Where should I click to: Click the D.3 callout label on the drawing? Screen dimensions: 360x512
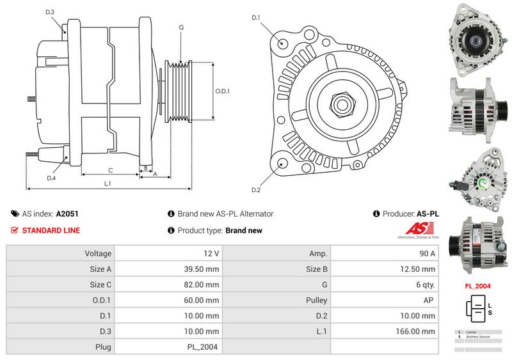point(50,12)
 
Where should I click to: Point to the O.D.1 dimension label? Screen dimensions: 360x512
point(222,91)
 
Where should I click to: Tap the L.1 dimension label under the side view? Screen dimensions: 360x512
point(108,184)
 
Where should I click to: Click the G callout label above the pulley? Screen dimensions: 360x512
point(181,27)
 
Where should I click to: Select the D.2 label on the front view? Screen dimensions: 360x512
point(256,190)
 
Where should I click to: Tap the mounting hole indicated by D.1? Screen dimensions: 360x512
point(283,43)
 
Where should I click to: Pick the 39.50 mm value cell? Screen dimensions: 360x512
point(202,269)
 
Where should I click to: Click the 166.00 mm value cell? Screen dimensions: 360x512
point(417,331)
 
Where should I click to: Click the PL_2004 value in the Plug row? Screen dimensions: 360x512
point(204,347)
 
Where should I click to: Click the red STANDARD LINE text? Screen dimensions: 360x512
point(51,230)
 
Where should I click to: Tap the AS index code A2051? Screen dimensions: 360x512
point(67,214)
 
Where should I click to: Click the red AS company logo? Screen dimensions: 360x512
point(420,228)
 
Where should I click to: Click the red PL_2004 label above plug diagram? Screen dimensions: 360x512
point(477,286)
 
